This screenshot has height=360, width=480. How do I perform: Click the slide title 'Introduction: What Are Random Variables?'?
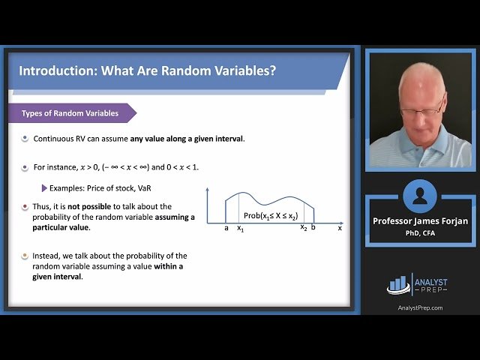point(147,71)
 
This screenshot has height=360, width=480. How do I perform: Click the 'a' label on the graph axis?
point(226,228)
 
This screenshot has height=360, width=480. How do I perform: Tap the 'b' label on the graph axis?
point(313,228)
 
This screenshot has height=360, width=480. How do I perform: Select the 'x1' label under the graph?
point(240,229)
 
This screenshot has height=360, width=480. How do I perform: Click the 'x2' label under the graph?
point(304,228)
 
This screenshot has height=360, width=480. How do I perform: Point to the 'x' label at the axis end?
point(339,228)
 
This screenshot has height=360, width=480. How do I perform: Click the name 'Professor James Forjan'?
point(419,220)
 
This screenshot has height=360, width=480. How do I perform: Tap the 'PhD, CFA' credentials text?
point(419,233)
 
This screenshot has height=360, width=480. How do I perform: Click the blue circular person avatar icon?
point(419,196)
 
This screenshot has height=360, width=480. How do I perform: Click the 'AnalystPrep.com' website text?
point(419,307)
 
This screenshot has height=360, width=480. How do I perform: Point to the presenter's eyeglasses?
point(427,107)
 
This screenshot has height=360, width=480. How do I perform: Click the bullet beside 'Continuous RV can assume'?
point(25,139)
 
